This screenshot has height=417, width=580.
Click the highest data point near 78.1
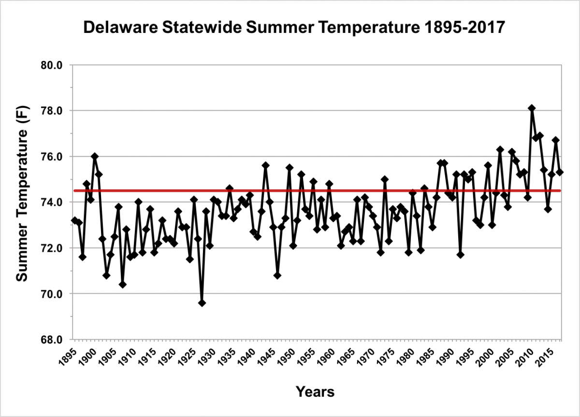click(532, 108)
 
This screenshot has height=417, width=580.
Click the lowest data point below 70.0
click(202, 303)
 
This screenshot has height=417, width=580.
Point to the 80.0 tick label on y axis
click(54, 65)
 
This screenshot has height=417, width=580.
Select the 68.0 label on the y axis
click(54, 340)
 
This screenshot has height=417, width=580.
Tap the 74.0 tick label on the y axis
click(54, 202)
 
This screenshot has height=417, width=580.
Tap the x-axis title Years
click(315, 391)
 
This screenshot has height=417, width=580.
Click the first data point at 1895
click(74, 220)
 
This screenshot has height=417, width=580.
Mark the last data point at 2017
click(560, 172)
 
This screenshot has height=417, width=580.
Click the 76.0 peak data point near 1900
click(95, 156)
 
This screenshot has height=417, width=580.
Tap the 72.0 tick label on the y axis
click(54, 248)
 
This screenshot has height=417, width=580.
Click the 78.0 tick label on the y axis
click(54, 111)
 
